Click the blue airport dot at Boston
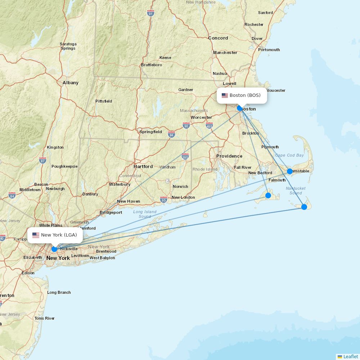click(x=240, y=108)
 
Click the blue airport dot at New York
click(x=54, y=249)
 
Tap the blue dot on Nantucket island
click(x=304, y=207)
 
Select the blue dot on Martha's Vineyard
click(x=268, y=195)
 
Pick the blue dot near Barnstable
click(x=290, y=171)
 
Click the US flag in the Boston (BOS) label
click(x=225, y=95)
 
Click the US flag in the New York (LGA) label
click(x=36, y=235)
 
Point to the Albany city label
click(x=71, y=83)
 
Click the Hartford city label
click(x=143, y=167)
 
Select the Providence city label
click(x=229, y=156)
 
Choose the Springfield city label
click(x=150, y=132)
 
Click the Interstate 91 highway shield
click(x=150, y=13)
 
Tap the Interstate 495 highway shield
click(x=209, y=126)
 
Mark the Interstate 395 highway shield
click(x=185, y=157)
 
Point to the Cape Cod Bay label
click(x=289, y=156)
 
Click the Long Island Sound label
click(x=145, y=214)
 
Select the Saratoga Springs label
click(x=68, y=46)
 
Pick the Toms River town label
click(x=44, y=318)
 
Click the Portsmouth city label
click(x=269, y=50)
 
